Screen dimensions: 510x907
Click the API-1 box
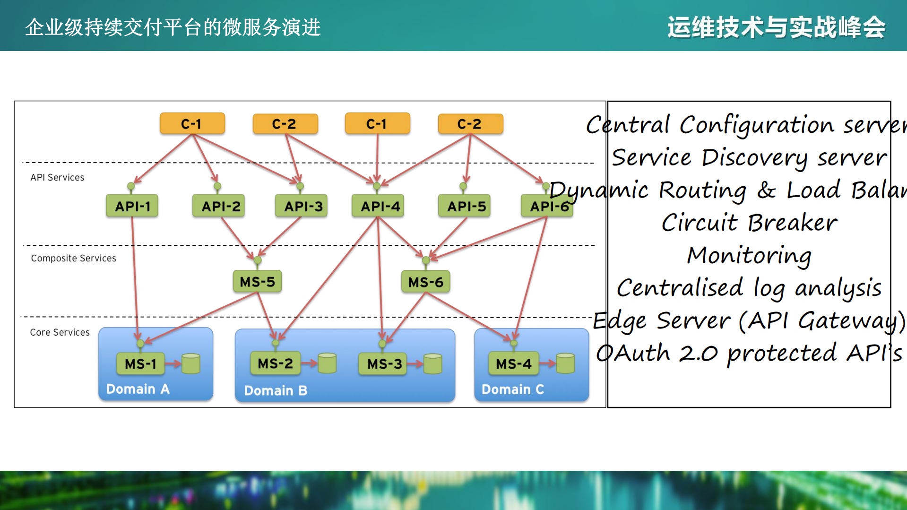point(132,206)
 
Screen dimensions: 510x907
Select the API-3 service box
point(302,206)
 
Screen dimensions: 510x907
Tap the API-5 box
point(466,206)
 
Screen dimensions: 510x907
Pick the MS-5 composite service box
point(257,282)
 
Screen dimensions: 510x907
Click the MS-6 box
point(425,282)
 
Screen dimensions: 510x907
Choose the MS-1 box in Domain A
point(140,363)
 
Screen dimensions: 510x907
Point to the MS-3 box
point(384,363)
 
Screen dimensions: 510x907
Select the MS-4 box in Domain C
point(513,363)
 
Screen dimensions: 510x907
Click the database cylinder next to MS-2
point(327,363)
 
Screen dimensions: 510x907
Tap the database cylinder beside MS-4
point(565,363)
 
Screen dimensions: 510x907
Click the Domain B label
point(276,390)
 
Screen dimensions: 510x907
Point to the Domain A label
point(138,389)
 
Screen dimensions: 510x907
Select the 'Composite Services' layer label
point(73,258)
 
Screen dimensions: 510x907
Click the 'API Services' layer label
point(57,177)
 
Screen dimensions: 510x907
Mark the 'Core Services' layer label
point(60,332)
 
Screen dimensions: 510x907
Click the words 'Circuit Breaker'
point(749,223)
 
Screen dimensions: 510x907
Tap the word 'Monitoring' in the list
point(749,255)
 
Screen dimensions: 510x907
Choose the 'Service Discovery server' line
point(749,157)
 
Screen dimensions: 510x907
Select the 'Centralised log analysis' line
point(749,288)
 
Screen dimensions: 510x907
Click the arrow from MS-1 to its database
point(173,363)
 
